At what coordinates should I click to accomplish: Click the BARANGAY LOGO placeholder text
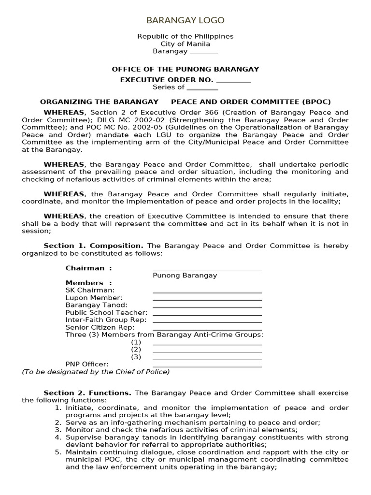[x=185, y=20]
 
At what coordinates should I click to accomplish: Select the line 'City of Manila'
[x=185, y=44]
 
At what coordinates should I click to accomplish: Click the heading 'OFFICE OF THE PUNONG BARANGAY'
[x=185, y=69]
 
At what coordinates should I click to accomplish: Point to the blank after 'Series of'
[x=202, y=87]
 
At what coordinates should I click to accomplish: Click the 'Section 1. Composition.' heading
[x=93, y=246]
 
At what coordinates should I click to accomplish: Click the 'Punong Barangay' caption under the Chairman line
[x=185, y=275]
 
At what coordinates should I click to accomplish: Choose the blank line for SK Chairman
[x=207, y=290]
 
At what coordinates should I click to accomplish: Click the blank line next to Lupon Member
[x=207, y=298]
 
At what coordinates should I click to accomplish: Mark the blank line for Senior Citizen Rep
[x=207, y=327]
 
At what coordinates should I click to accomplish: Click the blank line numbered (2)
[x=207, y=349]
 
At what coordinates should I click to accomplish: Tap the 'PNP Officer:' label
[x=87, y=364]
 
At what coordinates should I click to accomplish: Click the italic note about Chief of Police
[x=96, y=371]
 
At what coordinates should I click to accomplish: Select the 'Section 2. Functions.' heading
[x=87, y=393]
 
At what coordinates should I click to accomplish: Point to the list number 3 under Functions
[x=57, y=429]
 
